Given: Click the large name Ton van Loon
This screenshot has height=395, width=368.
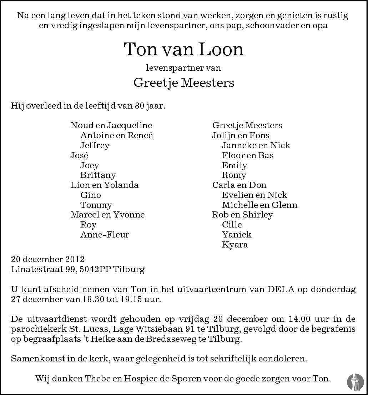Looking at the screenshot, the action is click(183, 49).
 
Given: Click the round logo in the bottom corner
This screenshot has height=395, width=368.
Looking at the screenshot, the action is click(355, 381).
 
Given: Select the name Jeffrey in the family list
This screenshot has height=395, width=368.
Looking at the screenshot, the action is click(95, 145).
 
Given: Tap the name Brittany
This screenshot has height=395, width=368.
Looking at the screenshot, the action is click(98, 175).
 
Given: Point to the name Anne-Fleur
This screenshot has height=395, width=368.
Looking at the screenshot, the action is click(105, 235).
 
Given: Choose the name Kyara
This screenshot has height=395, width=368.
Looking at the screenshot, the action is click(235, 245).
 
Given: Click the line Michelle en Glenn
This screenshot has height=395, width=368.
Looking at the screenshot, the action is click(259, 205).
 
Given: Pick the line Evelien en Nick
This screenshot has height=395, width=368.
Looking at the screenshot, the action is click(254, 195).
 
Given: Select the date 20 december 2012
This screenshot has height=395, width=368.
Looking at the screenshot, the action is click(48, 259).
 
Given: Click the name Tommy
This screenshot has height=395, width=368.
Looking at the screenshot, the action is click(96, 205).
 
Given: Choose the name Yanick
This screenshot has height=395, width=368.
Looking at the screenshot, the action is click(236, 235).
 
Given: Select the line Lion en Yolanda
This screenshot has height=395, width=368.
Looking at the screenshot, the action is click(104, 185).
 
